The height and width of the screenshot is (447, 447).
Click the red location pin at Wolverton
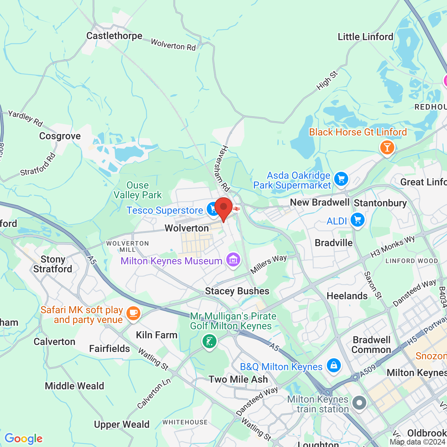[x=223, y=208]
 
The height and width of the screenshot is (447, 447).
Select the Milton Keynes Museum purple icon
[x=233, y=260]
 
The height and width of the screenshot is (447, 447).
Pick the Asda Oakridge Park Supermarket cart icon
[x=341, y=179]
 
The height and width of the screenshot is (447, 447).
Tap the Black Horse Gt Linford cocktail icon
[x=387, y=147]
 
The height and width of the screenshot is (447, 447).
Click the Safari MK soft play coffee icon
[x=133, y=313]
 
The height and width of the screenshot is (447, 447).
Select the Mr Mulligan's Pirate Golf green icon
[x=210, y=341]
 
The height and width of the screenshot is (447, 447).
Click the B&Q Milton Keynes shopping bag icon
[x=334, y=366]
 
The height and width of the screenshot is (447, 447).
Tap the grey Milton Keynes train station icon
[x=359, y=403]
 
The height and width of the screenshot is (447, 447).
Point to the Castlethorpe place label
[x=114, y=36]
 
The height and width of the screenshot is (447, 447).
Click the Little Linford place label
[x=365, y=37]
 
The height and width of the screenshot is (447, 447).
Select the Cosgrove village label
[x=60, y=136]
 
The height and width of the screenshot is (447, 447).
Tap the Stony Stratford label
[x=53, y=264]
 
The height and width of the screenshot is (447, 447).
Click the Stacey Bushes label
[x=237, y=291]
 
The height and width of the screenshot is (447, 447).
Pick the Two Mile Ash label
[x=238, y=379]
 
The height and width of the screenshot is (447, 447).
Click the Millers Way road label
[x=269, y=264]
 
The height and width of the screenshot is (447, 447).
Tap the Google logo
[x=24, y=439]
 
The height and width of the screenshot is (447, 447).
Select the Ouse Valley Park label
[x=138, y=190]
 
